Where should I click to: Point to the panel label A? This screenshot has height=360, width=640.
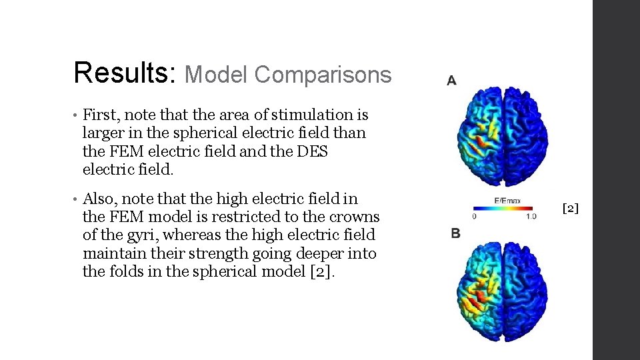(451, 81)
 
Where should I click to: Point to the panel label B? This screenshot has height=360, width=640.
(455, 233)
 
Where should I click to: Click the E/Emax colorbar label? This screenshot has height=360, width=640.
(507, 201)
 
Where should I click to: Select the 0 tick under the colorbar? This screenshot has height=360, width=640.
(474, 217)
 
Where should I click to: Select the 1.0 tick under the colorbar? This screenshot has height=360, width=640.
(531, 217)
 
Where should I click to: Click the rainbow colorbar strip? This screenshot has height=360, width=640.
(504, 208)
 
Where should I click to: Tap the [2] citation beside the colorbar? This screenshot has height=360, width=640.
(571, 209)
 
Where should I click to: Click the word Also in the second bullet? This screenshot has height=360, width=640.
(99, 199)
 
